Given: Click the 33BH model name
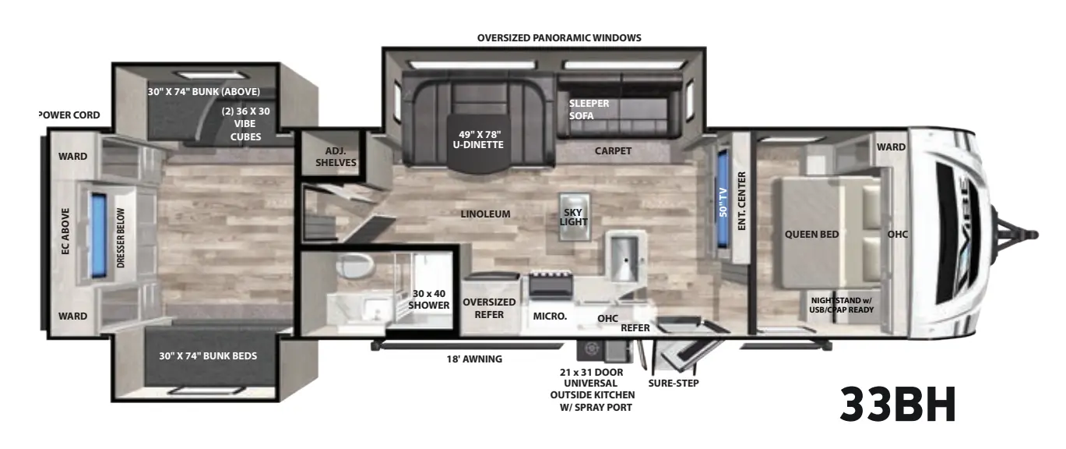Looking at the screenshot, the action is click(898, 405).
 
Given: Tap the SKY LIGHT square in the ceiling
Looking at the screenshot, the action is click(575, 217).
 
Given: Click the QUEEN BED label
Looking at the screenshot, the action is click(811, 234).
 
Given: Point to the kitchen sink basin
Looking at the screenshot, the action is click(624, 258).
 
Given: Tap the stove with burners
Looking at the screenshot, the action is click(550, 285).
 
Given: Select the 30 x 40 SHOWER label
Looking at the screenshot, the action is click(429, 299).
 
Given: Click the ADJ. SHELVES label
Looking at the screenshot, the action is click(336, 157).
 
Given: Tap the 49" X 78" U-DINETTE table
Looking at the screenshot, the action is click(478, 142).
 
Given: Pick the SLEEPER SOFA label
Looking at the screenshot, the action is click(588, 110).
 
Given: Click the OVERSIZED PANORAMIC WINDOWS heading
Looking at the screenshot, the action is click(559, 37).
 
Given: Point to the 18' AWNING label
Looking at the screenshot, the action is click(474, 359).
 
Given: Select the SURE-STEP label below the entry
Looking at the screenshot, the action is click(673, 383).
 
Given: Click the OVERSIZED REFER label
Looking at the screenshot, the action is click(489, 309).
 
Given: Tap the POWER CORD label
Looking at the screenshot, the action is click(69, 115).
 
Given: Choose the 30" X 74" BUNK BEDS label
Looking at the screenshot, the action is click(208, 356).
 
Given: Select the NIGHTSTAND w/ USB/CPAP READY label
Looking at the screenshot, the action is click(842, 305).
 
